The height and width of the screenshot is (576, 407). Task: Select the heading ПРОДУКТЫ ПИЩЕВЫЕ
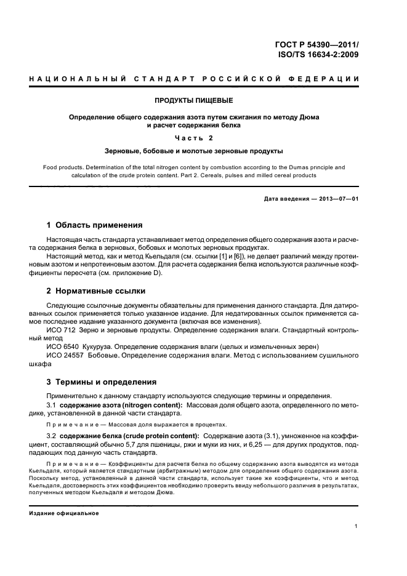(x=193, y=100)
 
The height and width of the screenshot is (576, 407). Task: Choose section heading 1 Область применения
(x=95, y=225)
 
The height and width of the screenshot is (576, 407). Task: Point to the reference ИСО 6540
(x=62, y=347)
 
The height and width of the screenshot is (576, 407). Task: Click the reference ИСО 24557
(x=65, y=356)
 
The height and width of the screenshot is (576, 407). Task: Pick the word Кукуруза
(x=102, y=347)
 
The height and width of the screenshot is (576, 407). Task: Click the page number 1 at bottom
(x=357, y=525)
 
